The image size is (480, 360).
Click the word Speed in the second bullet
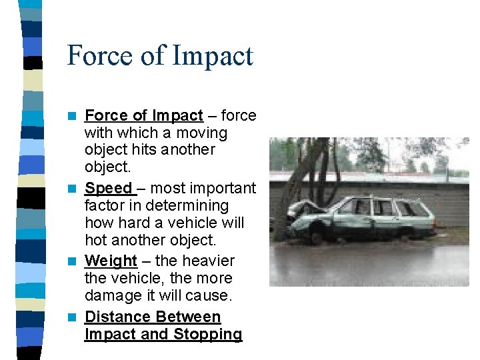[x=108, y=189]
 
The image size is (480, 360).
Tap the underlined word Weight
[x=111, y=261]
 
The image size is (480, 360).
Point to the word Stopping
[x=209, y=334]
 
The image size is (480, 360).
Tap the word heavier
[x=207, y=261]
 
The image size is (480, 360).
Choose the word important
[x=223, y=189]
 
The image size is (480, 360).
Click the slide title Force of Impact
[x=160, y=55]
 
